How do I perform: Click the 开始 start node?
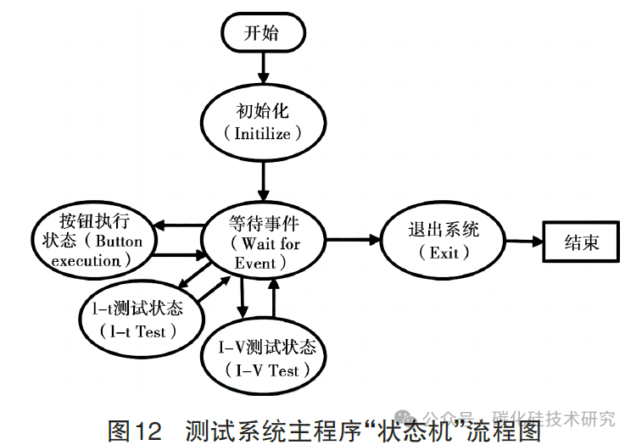pos(262,33)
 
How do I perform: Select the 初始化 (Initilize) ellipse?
pos(262,122)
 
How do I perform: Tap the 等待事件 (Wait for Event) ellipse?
pos(265,242)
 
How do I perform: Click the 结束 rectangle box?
pos(582,242)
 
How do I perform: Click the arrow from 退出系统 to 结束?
pos(521,242)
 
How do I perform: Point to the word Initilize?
pos(262,135)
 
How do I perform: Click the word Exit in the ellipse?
pos(444,253)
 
